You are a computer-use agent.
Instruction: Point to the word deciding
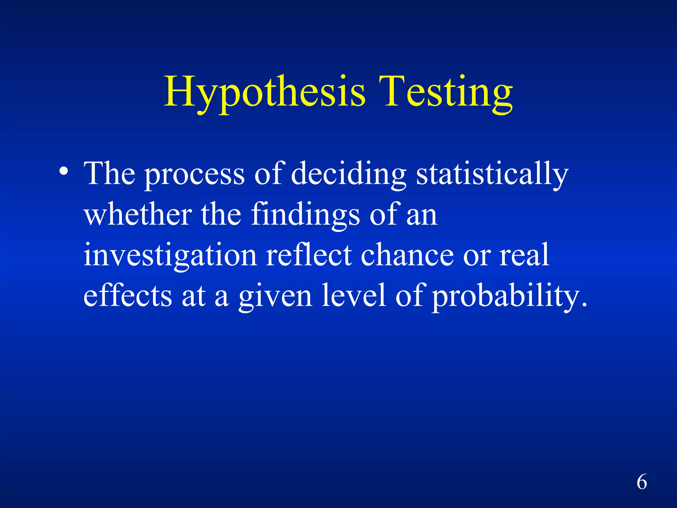pos(348,175)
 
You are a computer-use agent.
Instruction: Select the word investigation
pos(170,255)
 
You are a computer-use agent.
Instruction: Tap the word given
pos(275,296)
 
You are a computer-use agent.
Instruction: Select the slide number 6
pos(642,482)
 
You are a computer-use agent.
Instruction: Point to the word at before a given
pos(193,296)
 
